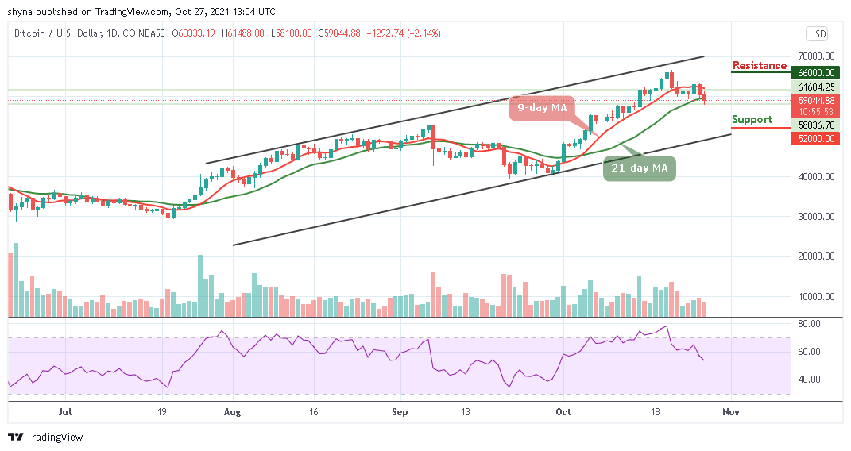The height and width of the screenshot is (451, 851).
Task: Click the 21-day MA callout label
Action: [x=639, y=168]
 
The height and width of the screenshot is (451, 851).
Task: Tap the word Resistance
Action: [x=760, y=65]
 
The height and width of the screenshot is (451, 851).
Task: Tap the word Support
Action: [x=752, y=120]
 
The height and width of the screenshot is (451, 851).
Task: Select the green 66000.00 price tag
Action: [x=816, y=73]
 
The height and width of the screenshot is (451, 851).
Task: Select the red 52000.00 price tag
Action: [x=816, y=138]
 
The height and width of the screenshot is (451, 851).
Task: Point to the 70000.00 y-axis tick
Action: [x=816, y=56]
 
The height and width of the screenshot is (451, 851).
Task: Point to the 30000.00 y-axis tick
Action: [x=816, y=217]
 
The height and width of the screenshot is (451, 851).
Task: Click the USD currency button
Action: [x=817, y=33]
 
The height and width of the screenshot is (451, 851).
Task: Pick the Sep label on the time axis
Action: [x=400, y=412]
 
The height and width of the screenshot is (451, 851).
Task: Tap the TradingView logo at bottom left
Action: [x=45, y=437]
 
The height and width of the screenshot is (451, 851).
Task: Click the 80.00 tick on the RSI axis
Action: [x=810, y=324]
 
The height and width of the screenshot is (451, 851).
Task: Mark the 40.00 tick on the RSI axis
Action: [x=810, y=380]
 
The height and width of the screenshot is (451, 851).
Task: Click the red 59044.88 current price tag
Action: [x=816, y=101]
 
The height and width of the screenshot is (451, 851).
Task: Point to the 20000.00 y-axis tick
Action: [x=816, y=256]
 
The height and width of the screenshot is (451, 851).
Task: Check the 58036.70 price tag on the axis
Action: [x=816, y=125]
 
